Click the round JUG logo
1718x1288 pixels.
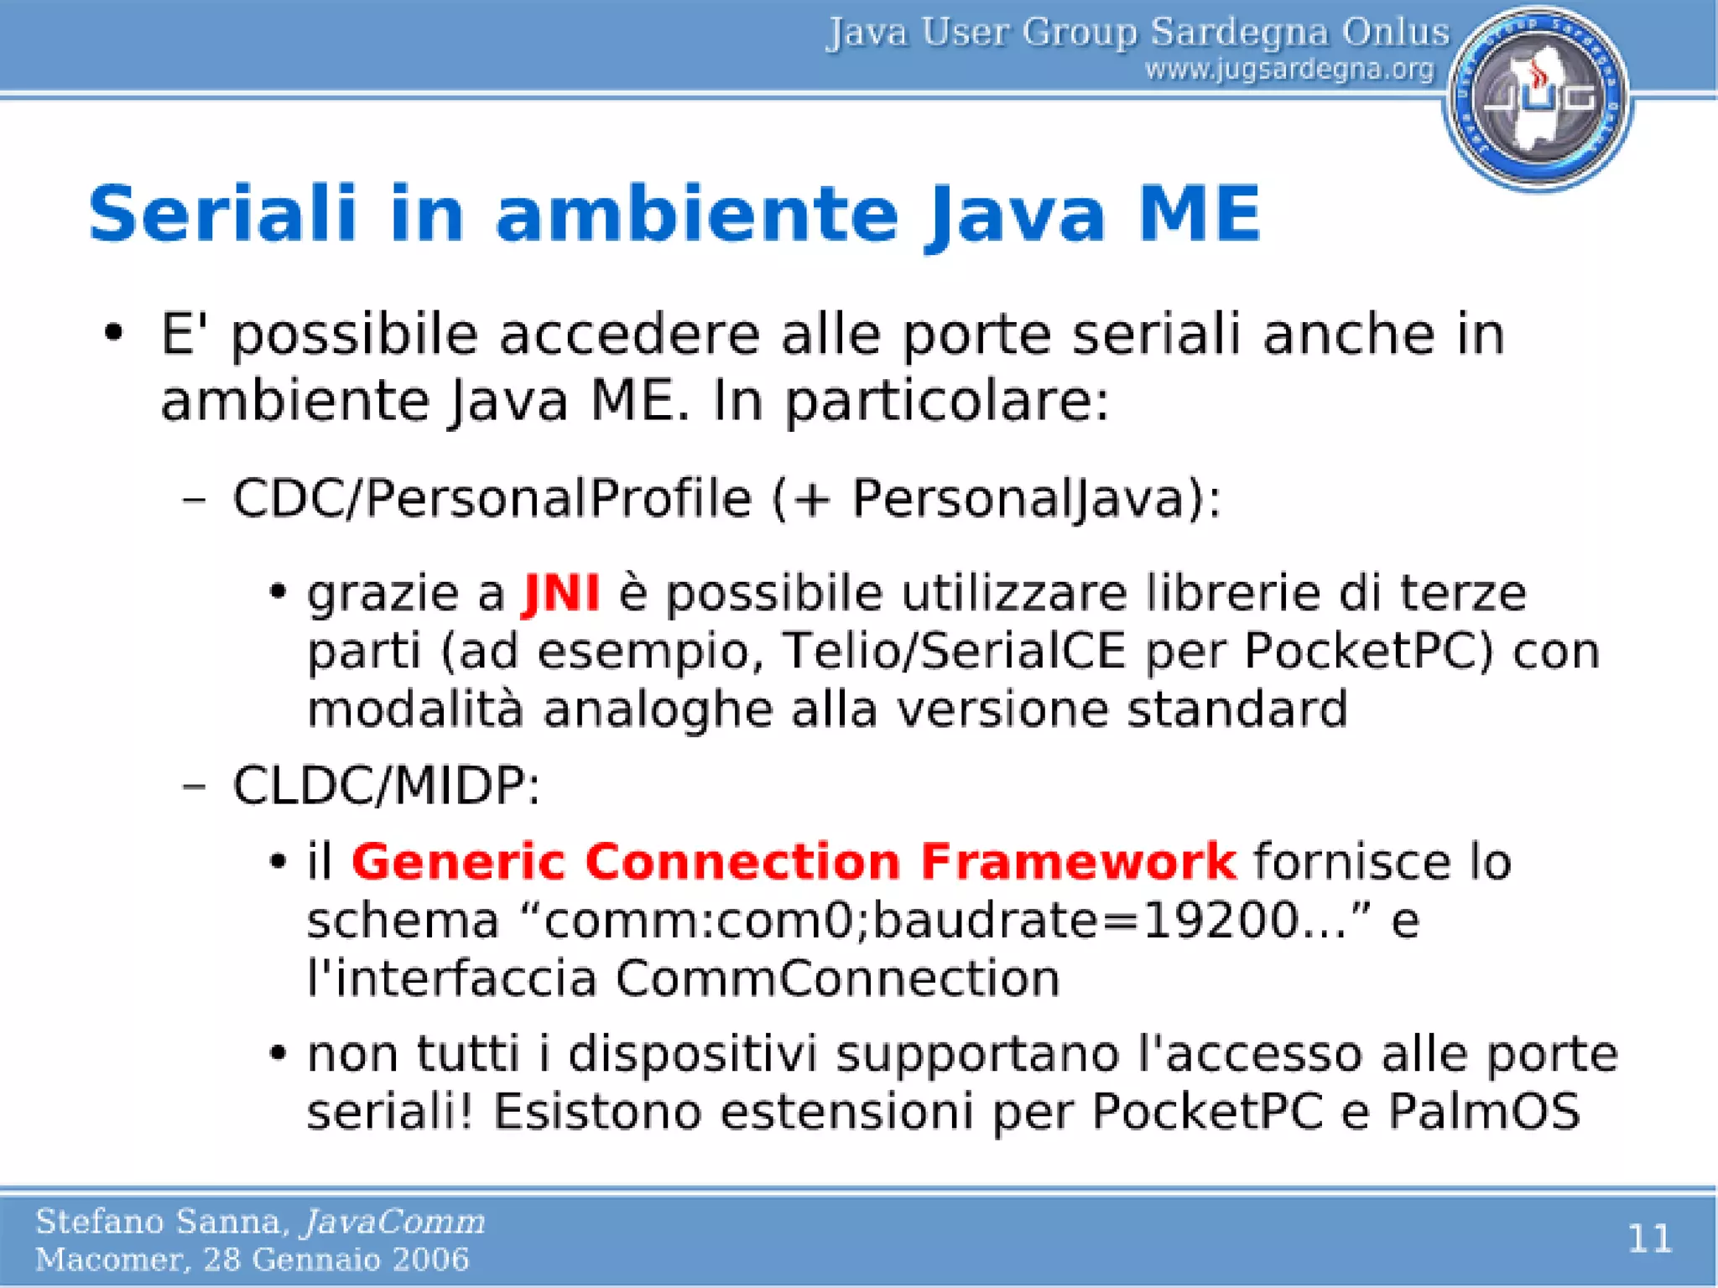tap(1538, 98)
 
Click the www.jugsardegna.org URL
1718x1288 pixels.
tap(1290, 70)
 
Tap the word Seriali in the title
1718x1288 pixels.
tap(223, 214)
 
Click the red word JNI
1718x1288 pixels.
tap(560, 594)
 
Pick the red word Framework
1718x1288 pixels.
tap(1078, 861)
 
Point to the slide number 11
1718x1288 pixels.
tap(1649, 1238)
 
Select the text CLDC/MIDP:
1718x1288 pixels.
tap(386, 786)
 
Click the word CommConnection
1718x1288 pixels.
tap(837, 979)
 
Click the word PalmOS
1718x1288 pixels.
tap(1483, 1112)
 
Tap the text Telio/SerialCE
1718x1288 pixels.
tap(953, 652)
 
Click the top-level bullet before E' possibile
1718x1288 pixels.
tap(114, 334)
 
